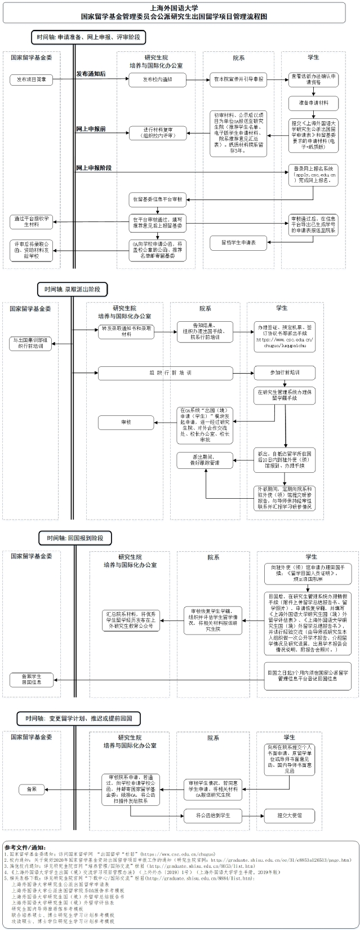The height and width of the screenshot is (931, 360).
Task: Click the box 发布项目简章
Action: point(32,79)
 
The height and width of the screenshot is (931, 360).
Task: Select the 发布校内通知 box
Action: point(157,79)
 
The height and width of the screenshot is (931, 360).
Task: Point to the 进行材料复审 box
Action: point(157,133)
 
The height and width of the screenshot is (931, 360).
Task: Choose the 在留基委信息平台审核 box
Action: point(157,199)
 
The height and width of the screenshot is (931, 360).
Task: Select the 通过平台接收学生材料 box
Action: point(32,222)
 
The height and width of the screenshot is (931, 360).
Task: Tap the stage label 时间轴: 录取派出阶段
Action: point(73,289)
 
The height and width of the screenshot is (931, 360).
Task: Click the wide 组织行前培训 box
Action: point(166,373)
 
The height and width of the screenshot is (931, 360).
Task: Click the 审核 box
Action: point(125,422)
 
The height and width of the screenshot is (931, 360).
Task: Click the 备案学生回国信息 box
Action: point(32,679)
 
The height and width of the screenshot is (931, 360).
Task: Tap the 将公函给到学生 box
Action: point(213,815)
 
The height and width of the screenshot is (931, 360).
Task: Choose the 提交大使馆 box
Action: point(290,815)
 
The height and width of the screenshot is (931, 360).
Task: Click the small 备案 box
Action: point(32,790)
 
